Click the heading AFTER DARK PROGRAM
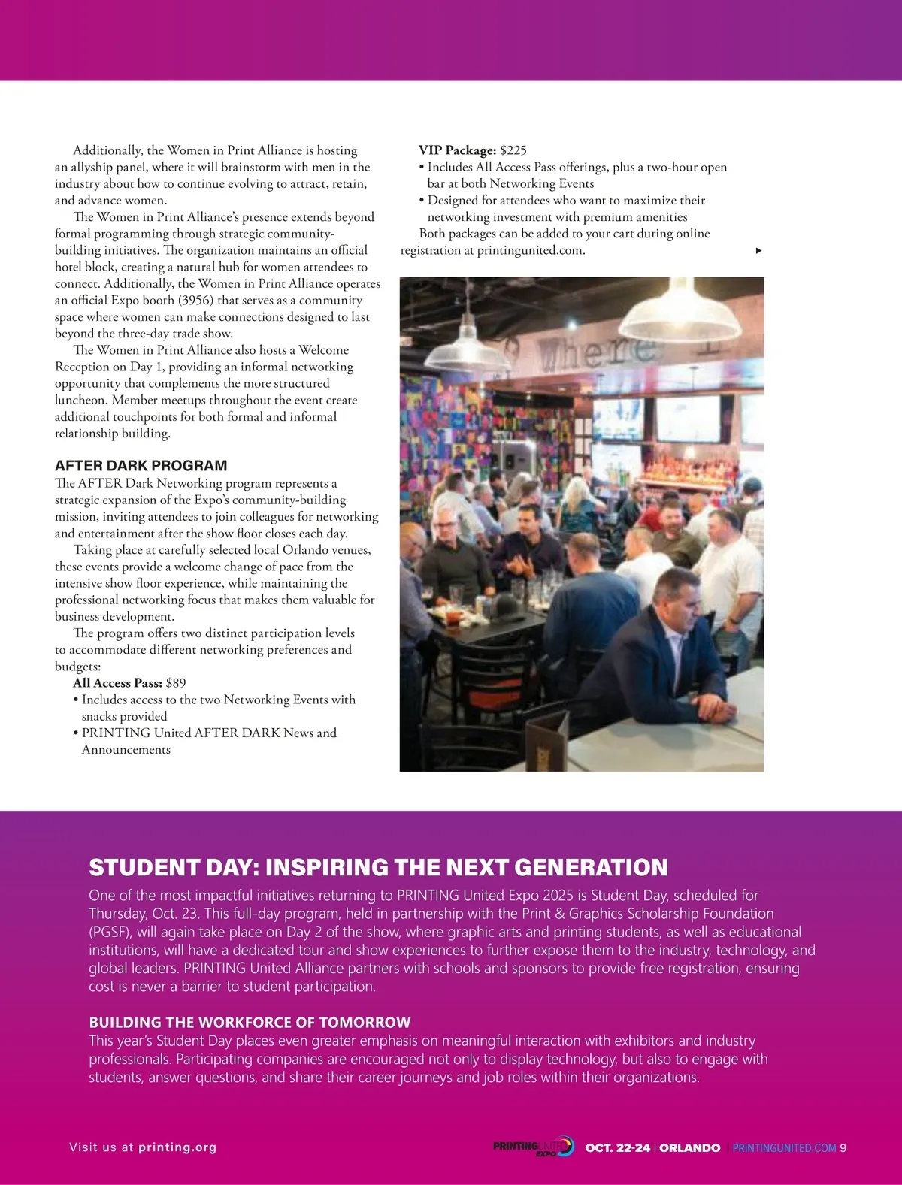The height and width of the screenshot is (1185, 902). [141, 466]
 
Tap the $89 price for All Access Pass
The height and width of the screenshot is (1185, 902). [175, 683]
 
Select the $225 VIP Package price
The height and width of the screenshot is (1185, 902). [513, 150]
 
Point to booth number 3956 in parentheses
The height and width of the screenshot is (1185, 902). [195, 301]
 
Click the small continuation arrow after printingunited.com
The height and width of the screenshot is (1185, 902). [758, 251]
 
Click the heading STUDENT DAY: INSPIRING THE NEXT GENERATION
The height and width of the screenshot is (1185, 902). [378, 867]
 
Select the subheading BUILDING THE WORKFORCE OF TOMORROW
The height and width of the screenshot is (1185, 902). [250, 1022]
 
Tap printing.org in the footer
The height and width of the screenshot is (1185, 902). [177, 1147]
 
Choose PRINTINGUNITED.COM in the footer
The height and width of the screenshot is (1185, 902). [784, 1148]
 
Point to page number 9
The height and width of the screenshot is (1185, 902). [843, 1148]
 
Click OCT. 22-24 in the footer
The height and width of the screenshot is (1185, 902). [617, 1148]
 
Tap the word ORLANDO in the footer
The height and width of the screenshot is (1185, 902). [689, 1148]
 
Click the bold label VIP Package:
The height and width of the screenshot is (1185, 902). [457, 150]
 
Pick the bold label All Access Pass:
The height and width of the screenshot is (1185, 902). [117, 683]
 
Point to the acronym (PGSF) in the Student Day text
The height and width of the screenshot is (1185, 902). [112, 932]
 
